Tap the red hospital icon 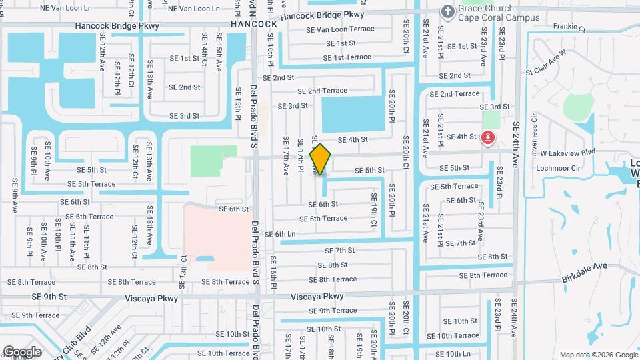(488, 138)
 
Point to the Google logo (22, 351)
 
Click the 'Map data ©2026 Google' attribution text (597, 355)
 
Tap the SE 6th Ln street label (280, 234)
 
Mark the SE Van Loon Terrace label (340, 29)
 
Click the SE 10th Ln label (453, 353)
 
